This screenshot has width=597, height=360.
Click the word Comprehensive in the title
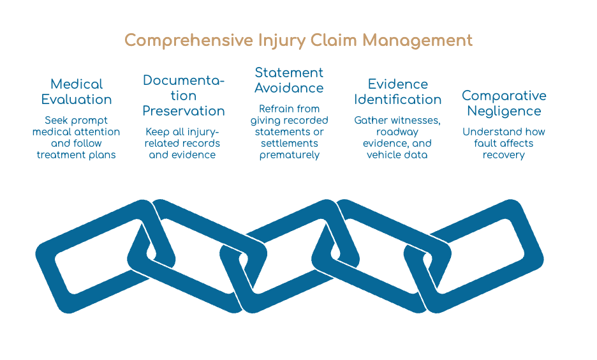[189, 41]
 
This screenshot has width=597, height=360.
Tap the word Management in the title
[417, 40]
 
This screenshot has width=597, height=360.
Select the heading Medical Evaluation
[77, 92]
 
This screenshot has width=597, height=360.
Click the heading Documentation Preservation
[184, 96]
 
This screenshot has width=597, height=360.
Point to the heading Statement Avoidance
[289, 80]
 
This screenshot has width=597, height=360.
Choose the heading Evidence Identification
[397, 92]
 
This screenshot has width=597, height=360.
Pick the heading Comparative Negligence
[504, 103]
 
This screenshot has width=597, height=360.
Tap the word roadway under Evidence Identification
[397, 132]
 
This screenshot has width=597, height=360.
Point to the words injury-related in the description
[182, 137]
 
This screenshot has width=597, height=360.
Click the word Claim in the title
[333, 40]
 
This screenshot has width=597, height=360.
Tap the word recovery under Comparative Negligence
[504, 155]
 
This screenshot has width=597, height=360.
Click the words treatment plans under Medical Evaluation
[76, 155]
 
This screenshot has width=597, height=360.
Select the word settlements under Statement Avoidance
[290, 143]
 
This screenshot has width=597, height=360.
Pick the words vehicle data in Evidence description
[397, 154]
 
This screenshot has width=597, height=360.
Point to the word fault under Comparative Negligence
[485, 143]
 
